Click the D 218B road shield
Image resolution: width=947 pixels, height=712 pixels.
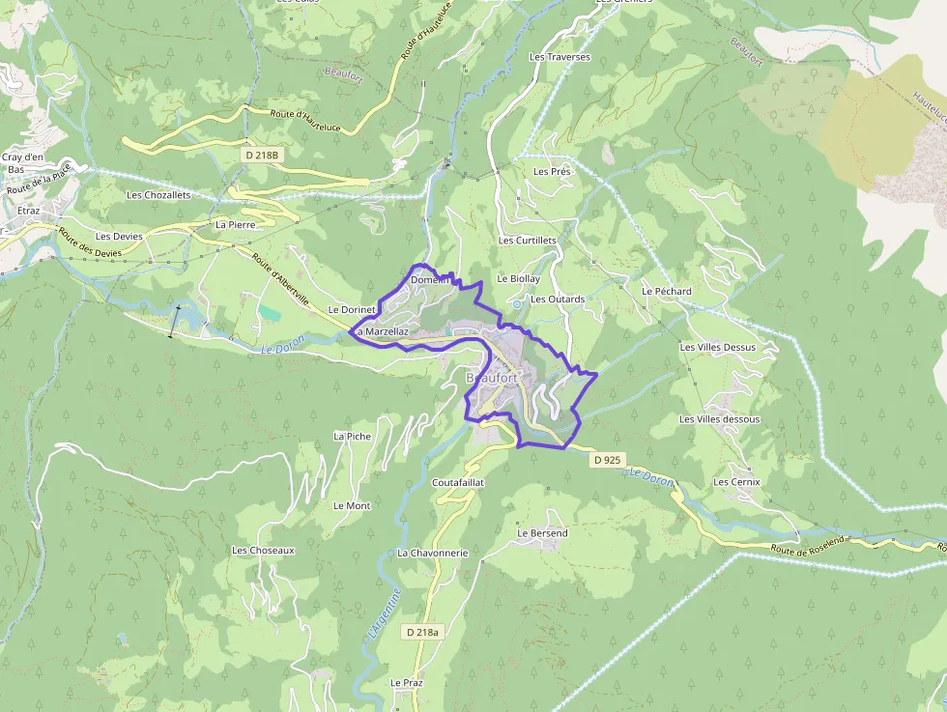(261, 155)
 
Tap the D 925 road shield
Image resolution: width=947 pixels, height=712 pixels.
(608, 460)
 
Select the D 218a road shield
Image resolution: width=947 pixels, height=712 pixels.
(422, 632)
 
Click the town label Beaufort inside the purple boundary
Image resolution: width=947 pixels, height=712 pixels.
(492, 377)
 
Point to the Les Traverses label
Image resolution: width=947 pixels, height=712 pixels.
(560, 57)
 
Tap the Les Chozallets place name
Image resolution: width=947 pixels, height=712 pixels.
(158, 194)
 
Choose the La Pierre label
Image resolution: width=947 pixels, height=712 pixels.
(233, 224)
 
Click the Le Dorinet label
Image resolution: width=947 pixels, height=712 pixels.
(352, 309)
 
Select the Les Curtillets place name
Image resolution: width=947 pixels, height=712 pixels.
(527, 241)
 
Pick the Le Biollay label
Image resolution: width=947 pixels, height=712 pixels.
(518, 278)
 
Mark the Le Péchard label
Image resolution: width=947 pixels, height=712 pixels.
(667, 291)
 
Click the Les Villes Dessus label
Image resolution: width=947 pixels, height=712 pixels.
(717, 347)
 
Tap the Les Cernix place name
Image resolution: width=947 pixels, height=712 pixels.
(736, 481)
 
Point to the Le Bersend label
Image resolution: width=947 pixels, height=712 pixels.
(542, 533)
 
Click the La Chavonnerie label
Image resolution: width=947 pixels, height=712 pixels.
(432, 553)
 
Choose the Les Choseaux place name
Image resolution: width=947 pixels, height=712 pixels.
(263, 550)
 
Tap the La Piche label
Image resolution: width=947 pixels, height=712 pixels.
(352, 436)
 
